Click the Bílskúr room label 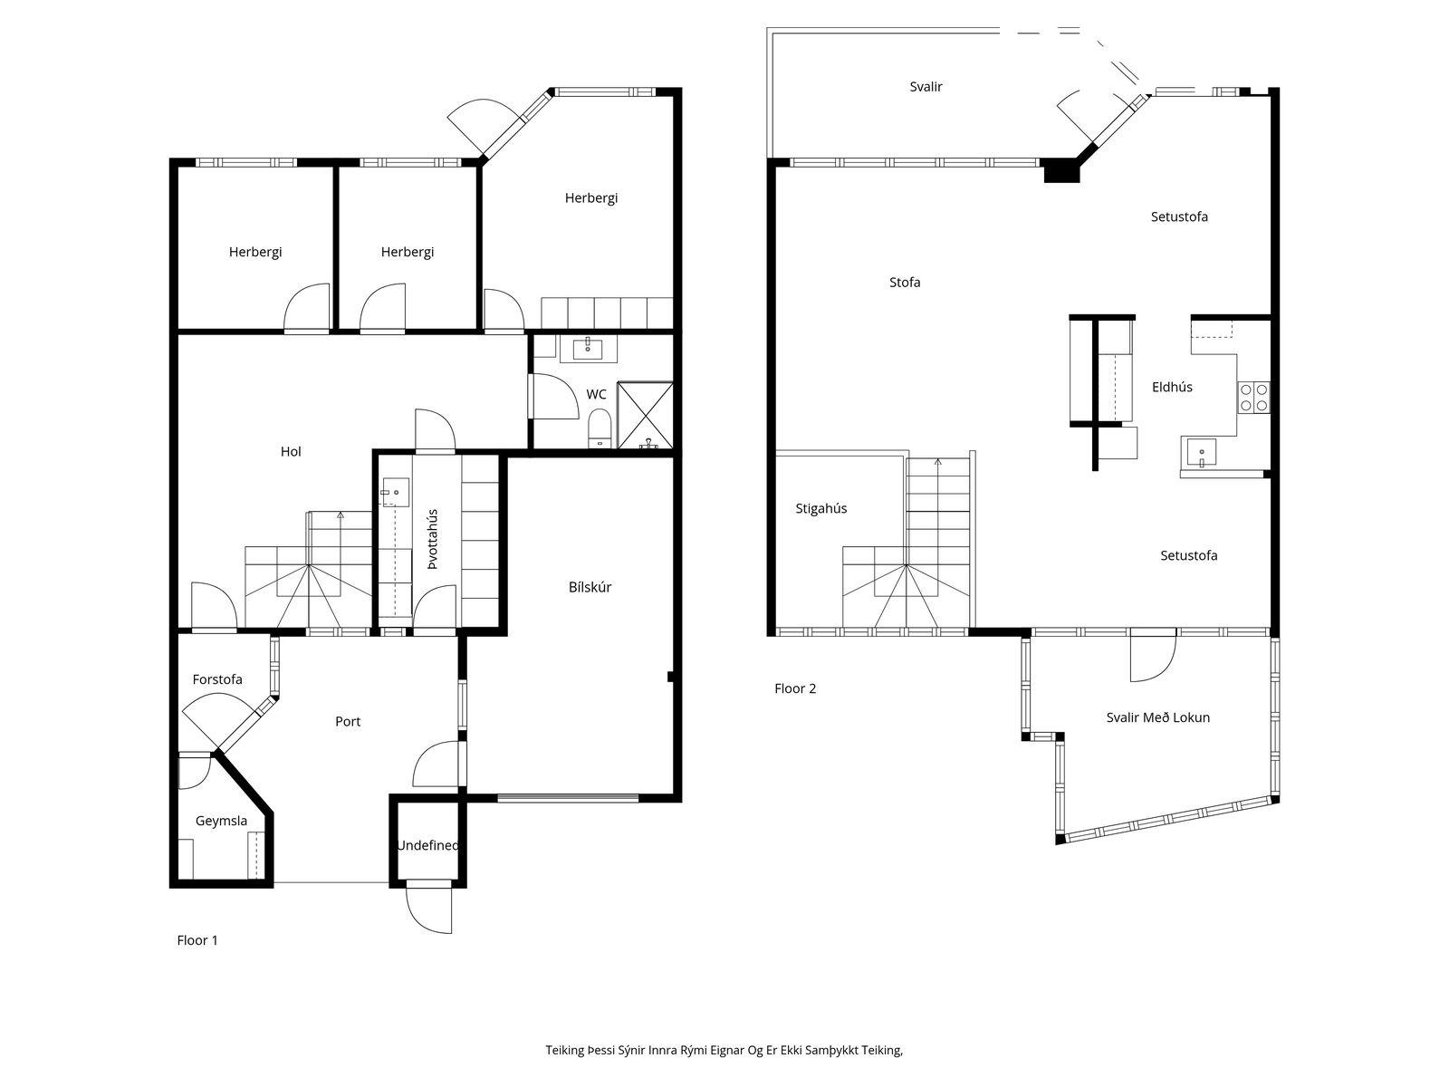click(x=590, y=587)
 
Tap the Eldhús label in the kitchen click(x=1172, y=387)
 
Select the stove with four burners click(x=1253, y=398)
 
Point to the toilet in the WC click(x=599, y=428)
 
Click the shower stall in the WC click(x=645, y=415)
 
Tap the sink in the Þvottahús click(x=394, y=493)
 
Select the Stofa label click(x=905, y=283)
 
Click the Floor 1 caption click(x=197, y=940)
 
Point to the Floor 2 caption click(x=795, y=688)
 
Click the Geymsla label click(x=221, y=821)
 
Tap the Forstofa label click(x=217, y=679)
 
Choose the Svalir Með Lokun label click(x=1158, y=717)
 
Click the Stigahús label click(x=820, y=508)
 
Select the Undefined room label click(x=427, y=845)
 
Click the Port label click(x=348, y=721)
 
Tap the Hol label click(x=291, y=451)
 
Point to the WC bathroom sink click(x=588, y=349)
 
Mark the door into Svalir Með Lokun click(x=1153, y=658)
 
